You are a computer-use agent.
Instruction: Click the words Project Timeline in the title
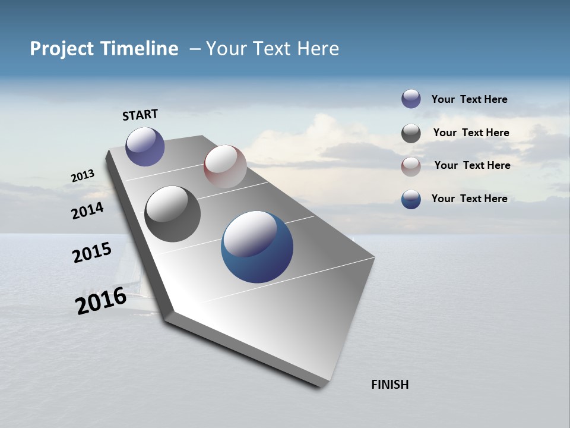[x=104, y=49]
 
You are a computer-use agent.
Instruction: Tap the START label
[x=140, y=115]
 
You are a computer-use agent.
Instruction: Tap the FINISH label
[x=389, y=385]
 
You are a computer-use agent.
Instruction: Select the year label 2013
[x=83, y=176]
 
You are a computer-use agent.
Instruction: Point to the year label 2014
[x=88, y=210]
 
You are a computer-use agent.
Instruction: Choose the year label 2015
[x=92, y=253]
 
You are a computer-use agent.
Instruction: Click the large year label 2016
[x=101, y=301]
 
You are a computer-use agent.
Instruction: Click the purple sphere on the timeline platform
[x=145, y=146]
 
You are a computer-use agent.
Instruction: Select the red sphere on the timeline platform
[x=225, y=166]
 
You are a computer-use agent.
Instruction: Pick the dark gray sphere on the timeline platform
[x=173, y=214]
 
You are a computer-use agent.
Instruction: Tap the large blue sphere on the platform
[x=257, y=247]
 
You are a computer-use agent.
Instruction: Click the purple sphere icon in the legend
[x=411, y=99]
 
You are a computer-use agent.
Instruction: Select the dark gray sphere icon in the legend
[x=411, y=133]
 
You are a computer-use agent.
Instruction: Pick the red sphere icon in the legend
[x=411, y=166]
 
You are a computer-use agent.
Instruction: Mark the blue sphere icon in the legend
[x=411, y=199]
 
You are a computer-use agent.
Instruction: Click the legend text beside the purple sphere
[x=469, y=99]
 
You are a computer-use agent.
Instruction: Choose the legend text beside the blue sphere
[x=469, y=199]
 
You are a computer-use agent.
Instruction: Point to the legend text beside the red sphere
[x=472, y=165]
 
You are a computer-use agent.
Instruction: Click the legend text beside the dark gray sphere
[x=471, y=133]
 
